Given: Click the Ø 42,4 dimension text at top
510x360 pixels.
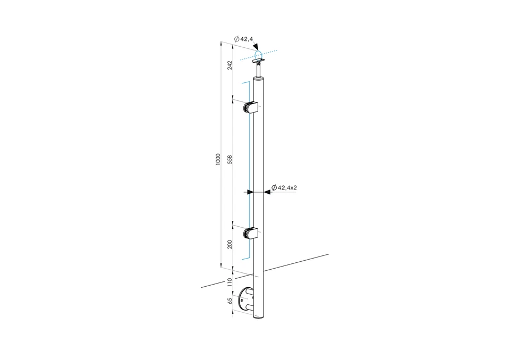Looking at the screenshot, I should (243, 39).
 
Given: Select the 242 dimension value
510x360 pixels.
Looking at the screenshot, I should (229, 65).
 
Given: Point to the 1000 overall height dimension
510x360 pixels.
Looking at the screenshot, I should (218, 159).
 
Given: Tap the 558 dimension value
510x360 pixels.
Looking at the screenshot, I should (229, 159).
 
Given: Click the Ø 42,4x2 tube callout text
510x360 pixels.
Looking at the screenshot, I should (283, 187).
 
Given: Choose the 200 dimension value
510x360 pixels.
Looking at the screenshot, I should (229, 244).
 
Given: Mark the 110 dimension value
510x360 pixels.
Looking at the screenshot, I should (229, 282).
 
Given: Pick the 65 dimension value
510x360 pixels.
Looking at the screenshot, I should (229, 300).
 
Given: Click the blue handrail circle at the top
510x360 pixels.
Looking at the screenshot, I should (258, 55).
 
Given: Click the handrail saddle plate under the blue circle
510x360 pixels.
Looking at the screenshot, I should (260, 63).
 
